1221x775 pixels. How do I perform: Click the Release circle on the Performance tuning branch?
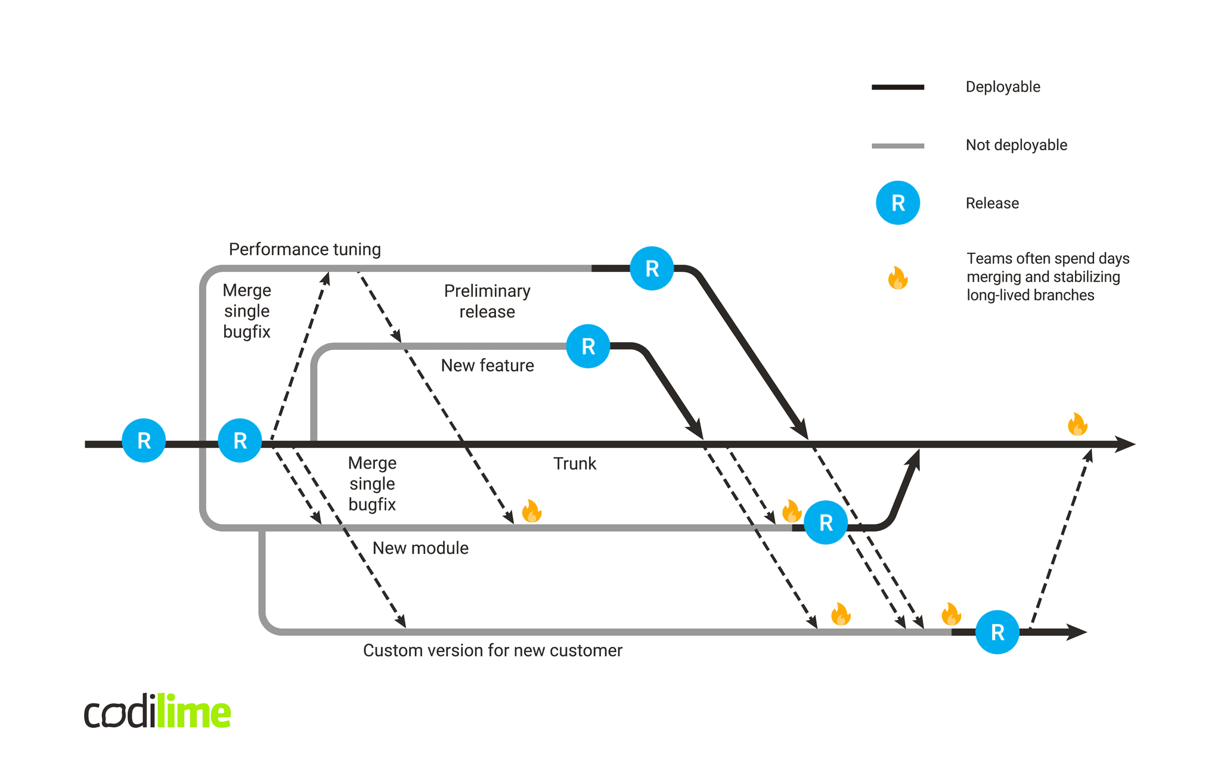click(652, 268)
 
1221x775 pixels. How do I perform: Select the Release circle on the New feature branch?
click(588, 346)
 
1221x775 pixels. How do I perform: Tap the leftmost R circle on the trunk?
click(144, 441)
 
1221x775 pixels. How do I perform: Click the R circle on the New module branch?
click(825, 522)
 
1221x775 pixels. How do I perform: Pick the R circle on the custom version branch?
click(997, 632)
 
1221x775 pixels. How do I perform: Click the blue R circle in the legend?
click(897, 203)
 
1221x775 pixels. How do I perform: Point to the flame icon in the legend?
click(897, 278)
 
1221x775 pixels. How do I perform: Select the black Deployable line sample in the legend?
click(897, 87)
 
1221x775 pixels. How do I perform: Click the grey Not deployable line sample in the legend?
click(897, 145)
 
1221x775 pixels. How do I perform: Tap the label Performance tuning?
click(305, 249)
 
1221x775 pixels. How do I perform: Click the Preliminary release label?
click(487, 301)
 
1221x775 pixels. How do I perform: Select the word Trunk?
click(574, 464)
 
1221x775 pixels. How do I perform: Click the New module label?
click(420, 548)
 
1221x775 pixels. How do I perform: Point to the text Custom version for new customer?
click(492, 650)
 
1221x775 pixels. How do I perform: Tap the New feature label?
click(487, 365)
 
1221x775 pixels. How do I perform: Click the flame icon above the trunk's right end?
click(1077, 424)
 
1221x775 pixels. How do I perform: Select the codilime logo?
click(157, 711)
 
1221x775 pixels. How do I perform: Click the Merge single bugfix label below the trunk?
click(372, 483)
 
